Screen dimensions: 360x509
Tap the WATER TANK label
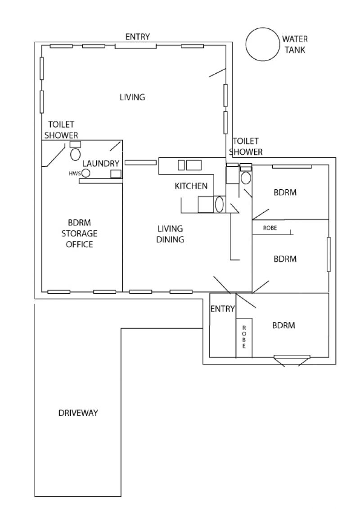pos(295,45)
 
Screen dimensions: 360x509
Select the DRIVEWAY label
pos(78,413)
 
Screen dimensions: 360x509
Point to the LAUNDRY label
pos(101,163)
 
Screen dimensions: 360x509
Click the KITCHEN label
pos(191,186)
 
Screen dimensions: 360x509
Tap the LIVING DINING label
pos(170,234)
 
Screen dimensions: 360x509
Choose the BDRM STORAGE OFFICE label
pos(79,233)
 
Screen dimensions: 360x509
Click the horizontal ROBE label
pos(270,228)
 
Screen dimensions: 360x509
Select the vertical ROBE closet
pos(244,338)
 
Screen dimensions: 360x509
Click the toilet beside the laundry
pos(76,154)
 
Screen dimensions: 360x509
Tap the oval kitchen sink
pos(219,205)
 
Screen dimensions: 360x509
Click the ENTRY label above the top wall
pos(137,37)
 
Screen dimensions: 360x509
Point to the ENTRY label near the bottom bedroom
pos(223,309)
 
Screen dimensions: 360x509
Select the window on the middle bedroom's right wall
pos(328,254)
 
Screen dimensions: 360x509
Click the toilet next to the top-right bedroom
pos(246,178)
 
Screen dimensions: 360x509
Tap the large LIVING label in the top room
pos(132,97)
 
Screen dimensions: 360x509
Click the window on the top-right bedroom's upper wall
pos(292,167)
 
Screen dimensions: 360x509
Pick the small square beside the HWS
pos(116,174)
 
